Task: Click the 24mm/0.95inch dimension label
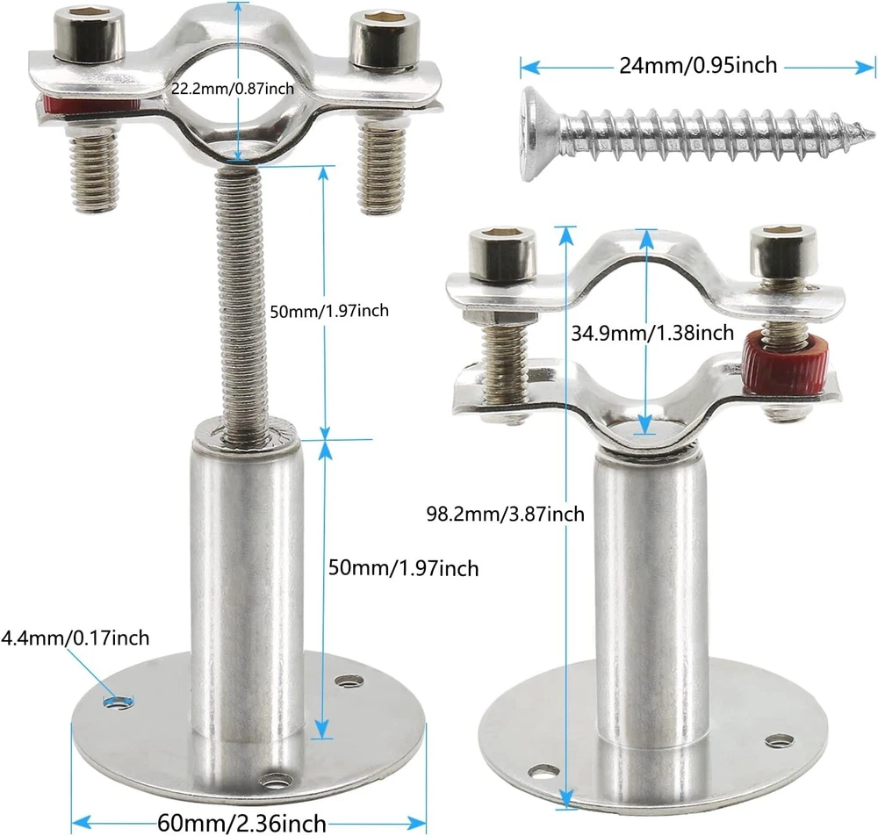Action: (x=698, y=66)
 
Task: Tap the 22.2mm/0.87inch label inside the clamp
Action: (x=233, y=89)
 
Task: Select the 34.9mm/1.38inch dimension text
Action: (x=652, y=333)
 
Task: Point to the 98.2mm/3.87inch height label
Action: (x=505, y=514)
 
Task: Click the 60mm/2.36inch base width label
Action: (x=242, y=823)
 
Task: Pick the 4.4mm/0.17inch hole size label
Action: (x=75, y=638)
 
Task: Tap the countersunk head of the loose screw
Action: (x=539, y=134)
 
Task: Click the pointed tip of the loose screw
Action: (x=874, y=134)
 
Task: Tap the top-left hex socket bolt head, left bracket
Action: (x=90, y=35)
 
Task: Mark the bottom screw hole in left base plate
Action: (x=277, y=779)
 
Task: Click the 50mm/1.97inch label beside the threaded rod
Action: (x=329, y=311)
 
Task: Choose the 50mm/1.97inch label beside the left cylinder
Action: (x=403, y=568)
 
